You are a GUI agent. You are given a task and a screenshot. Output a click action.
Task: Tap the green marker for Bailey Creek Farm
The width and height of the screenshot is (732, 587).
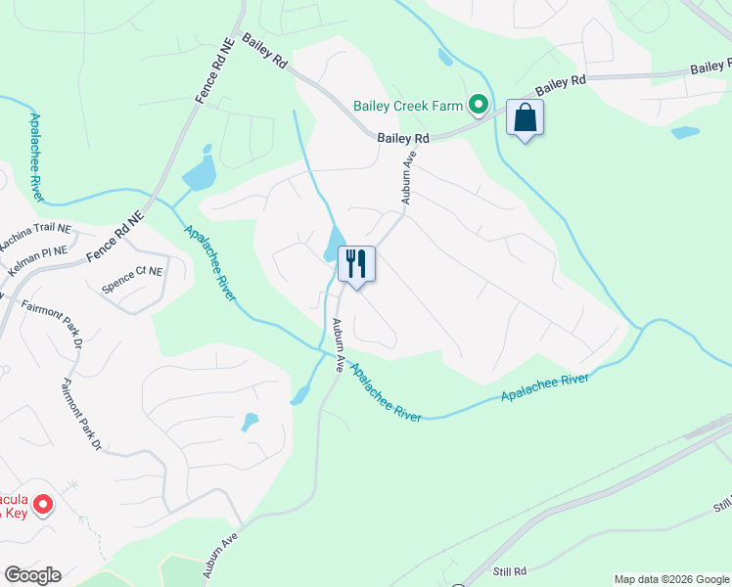tap(479, 104)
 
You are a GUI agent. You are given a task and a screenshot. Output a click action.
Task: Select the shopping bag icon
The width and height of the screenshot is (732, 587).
tap(526, 118)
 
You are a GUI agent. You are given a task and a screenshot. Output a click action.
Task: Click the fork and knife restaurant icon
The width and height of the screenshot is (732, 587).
tap(356, 263)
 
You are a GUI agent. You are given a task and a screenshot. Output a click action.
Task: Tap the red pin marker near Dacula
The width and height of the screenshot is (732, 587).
tap(43, 505)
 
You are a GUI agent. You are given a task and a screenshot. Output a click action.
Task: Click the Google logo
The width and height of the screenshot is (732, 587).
tap(32, 575)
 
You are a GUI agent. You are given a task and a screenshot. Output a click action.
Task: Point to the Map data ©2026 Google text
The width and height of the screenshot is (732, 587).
tap(670, 579)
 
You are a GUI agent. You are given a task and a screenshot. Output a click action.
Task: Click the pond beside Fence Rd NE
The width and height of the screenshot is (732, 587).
tap(199, 172)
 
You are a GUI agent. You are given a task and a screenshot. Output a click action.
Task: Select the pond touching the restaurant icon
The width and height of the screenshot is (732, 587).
tap(334, 244)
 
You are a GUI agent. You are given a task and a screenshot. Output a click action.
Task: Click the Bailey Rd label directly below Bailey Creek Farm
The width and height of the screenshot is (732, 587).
tap(404, 140)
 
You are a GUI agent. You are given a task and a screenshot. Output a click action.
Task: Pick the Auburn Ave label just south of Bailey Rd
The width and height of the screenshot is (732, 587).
tap(409, 177)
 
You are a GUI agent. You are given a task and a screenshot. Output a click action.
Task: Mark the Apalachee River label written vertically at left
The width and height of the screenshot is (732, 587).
tap(36, 157)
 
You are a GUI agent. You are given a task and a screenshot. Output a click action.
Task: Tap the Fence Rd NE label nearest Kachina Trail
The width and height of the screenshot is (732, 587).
tap(114, 236)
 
